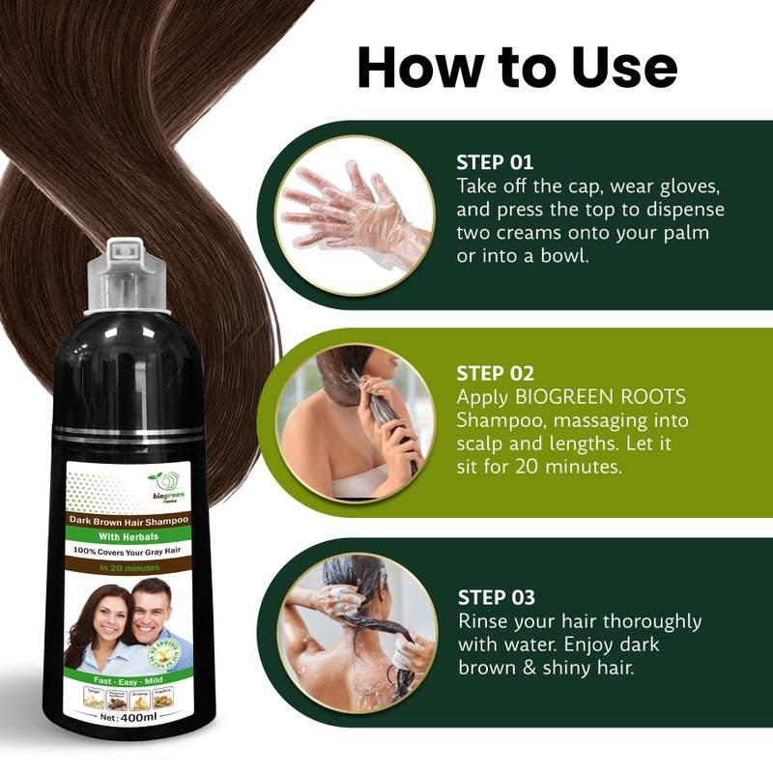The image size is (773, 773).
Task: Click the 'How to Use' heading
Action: click(x=517, y=67)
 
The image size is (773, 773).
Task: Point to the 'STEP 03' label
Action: click(x=497, y=597)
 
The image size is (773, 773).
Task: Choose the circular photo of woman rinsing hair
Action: click(x=356, y=631)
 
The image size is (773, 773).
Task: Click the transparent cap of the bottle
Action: click(x=126, y=275)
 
